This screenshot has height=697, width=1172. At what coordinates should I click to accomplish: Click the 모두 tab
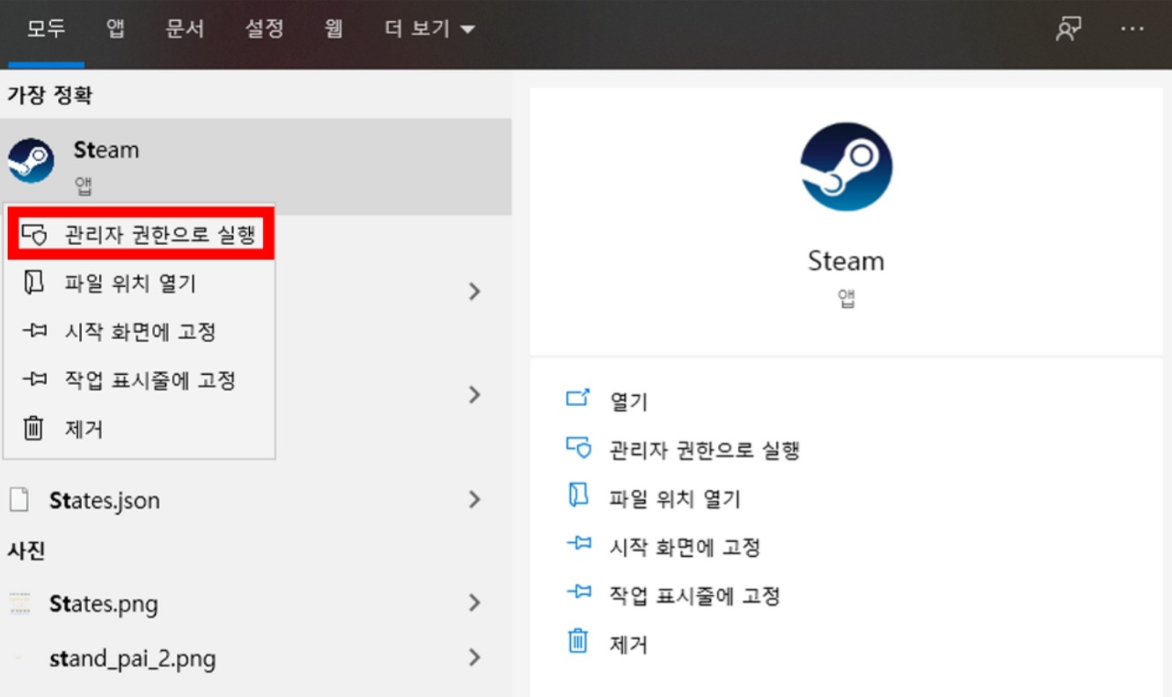click(x=46, y=29)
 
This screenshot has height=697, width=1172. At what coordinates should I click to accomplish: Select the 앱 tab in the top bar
click(x=116, y=29)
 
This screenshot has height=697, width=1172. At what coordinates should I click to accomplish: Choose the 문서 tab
click(x=185, y=29)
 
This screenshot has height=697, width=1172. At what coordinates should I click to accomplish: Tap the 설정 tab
click(x=264, y=29)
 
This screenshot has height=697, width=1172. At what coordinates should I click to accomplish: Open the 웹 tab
click(x=333, y=29)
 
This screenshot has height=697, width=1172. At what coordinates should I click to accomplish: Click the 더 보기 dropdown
click(x=429, y=29)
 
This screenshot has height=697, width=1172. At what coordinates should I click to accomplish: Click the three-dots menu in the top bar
click(x=1132, y=29)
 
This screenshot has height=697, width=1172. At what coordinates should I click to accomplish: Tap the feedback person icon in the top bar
click(x=1068, y=29)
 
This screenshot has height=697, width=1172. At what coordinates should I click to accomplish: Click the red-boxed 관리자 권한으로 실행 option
click(x=141, y=235)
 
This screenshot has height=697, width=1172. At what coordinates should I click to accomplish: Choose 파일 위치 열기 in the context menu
click(x=130, y=283)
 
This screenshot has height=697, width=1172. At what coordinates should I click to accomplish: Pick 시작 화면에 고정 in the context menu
click(x=140, y=332)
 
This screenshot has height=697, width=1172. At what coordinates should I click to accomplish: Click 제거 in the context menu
click(x=84, y=429)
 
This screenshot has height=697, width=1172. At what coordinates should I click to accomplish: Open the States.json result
click(x=104, y=501)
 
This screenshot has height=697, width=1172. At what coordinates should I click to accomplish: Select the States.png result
click(x=103, y=604)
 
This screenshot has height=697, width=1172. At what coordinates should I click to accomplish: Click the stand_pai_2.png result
click(x=132, y=658)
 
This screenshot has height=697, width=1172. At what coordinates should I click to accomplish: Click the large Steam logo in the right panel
click(x=846, y=167)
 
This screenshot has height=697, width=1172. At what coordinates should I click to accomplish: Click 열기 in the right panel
click(x=628, y=401)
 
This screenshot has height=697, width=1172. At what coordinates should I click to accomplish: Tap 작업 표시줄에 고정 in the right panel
click(x=694, y=596)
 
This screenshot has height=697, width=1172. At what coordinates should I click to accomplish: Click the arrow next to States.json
click(x=474, y=501)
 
